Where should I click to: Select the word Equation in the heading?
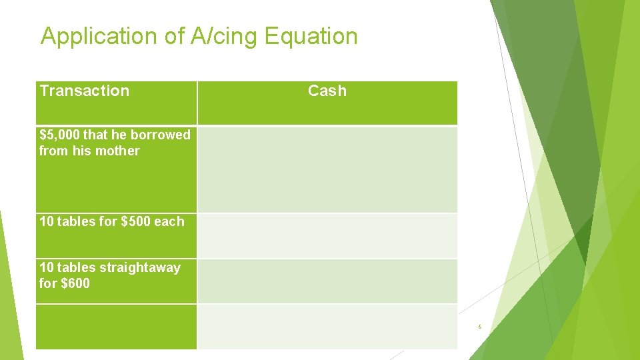(311, 36)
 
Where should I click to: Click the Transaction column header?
(85, 91)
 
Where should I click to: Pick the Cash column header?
(327, 91)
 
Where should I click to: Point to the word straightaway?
(139, 267)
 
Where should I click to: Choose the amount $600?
(74, 283)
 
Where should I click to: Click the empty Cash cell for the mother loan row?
(327, 169)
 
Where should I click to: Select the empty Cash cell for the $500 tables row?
(327, 236)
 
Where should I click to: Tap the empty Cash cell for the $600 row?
(327, 281)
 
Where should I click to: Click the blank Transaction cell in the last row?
(117, 327)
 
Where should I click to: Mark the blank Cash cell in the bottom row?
(327, 327)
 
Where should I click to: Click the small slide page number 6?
(479, 327)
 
